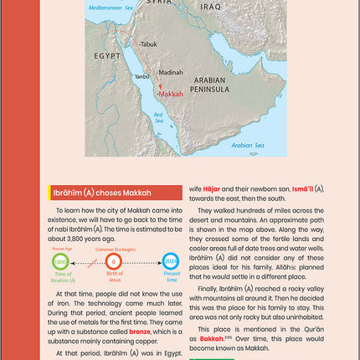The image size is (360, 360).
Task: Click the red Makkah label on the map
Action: (171, 95)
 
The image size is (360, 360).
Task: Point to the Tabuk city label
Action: (148, 44)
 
